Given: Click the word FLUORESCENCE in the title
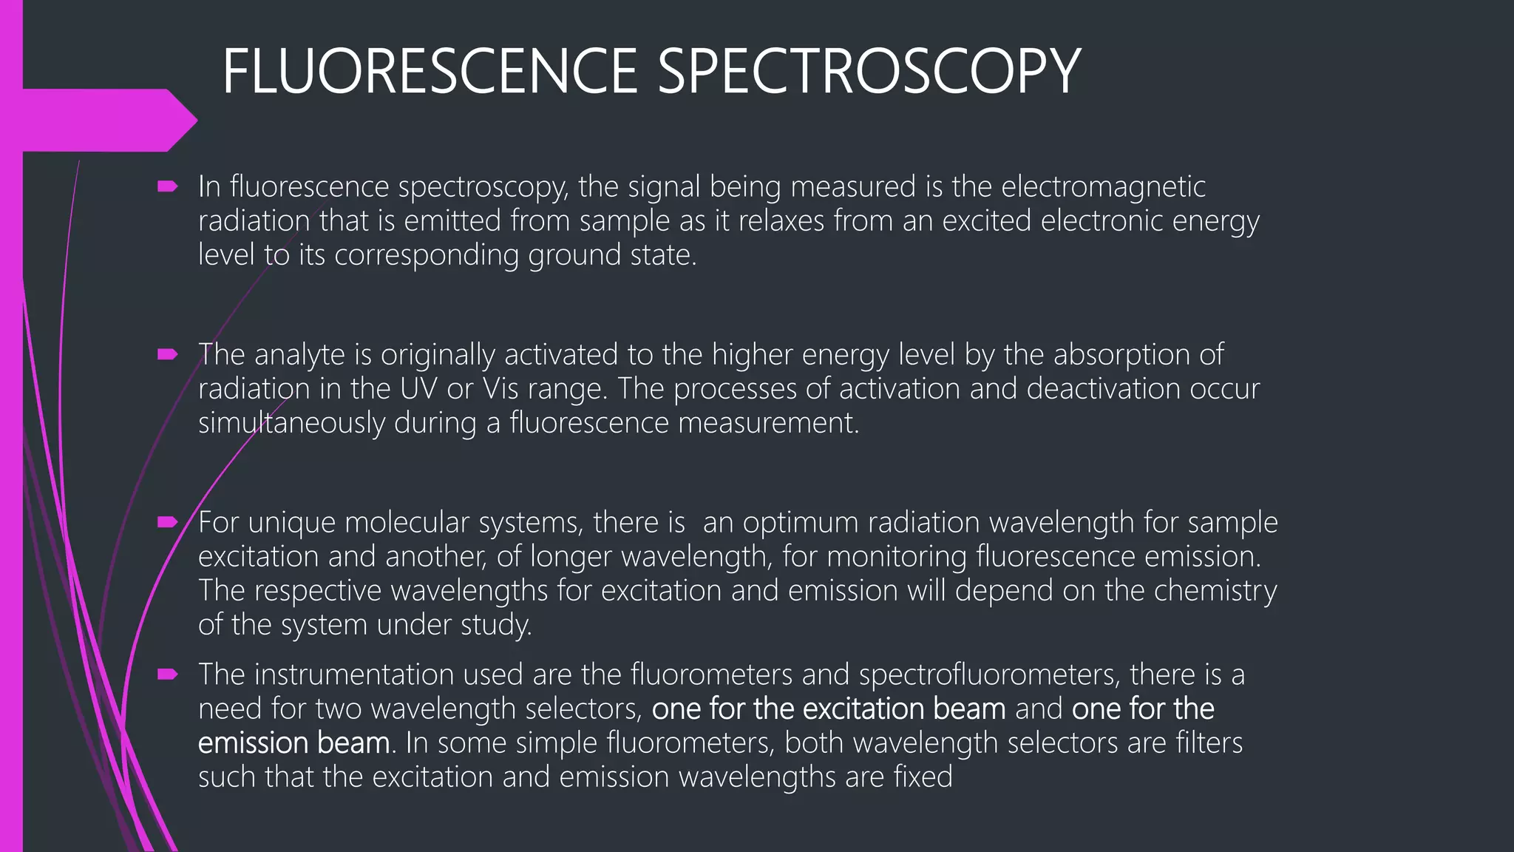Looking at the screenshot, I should (430, 71).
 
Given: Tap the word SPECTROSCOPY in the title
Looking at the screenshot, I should (869, 71).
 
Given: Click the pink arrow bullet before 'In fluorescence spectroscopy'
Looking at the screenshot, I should (168, 187).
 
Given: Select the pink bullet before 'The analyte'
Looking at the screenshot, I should (168, 355).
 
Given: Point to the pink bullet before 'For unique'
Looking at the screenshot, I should (168, 523).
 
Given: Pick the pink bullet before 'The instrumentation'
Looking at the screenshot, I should (168, 674).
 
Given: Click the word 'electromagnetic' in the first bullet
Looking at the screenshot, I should (1103, 186).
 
